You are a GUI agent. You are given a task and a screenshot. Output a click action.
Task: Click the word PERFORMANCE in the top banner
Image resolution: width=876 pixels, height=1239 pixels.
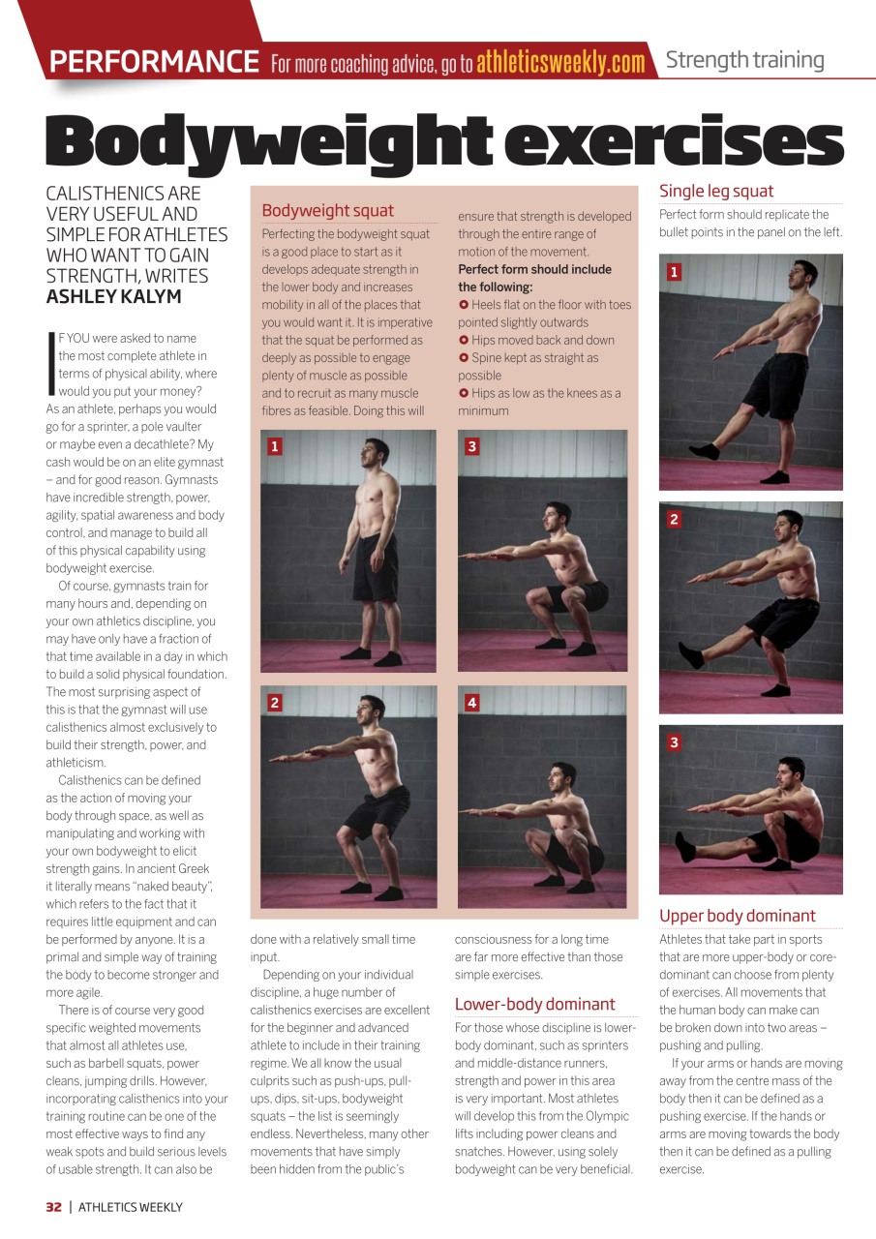(x=154, y=62)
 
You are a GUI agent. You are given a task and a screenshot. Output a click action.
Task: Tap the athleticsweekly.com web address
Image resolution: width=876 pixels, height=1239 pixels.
(x=560, y=63)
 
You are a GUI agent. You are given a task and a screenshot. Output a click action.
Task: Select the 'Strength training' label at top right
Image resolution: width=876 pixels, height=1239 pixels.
(x=744, y=60)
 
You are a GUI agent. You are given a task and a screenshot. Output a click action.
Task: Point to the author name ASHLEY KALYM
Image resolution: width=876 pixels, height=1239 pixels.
(x=113, y=296)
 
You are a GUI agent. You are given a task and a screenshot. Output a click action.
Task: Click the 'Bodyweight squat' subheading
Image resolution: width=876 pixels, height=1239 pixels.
(x=327, y=210)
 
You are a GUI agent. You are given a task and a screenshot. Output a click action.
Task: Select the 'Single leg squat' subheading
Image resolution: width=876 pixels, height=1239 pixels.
(x=716, y=191)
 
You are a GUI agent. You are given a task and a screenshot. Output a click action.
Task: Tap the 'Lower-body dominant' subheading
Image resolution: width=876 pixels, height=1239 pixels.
(x=534, y=1004)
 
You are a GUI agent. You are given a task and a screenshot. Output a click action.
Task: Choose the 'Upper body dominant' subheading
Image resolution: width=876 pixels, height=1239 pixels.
(x=737, y=916)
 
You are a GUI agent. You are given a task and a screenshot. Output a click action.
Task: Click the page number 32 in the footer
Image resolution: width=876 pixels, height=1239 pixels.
(x=53, y=1206)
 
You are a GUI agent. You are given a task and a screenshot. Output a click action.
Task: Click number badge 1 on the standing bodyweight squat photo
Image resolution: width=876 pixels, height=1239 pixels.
(x=275, y=446)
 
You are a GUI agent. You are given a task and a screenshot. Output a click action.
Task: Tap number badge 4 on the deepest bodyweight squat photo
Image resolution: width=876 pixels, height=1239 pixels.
(x=471, y=703)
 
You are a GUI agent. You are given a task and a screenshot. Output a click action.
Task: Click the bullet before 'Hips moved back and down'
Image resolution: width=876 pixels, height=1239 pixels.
(x=464, y=341)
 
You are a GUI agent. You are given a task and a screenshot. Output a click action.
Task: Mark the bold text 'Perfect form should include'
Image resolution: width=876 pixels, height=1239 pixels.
(x=534, y=269)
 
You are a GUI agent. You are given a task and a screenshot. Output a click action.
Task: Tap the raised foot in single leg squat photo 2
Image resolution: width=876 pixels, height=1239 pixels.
(x=691, y=655)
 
